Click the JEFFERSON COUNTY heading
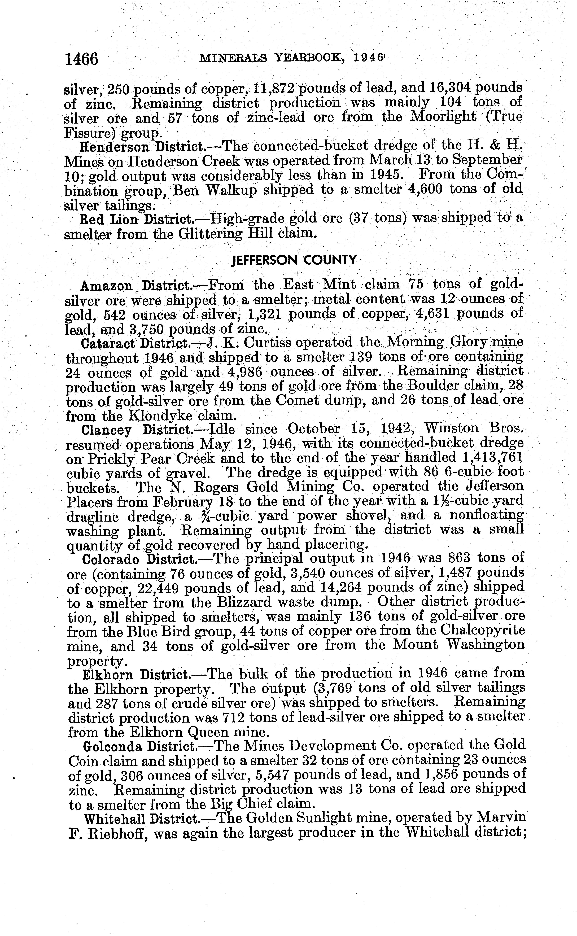tap(294, 260)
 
